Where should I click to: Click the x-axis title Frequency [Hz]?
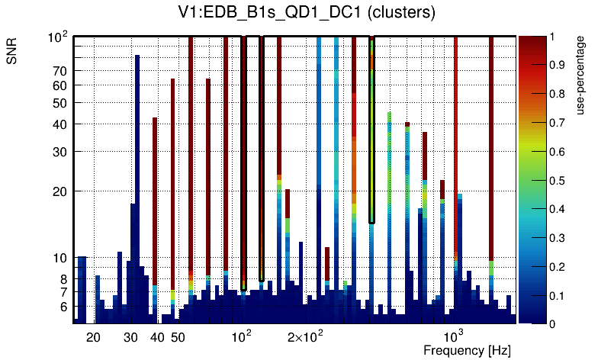pyautogui.click(x=467, y=350)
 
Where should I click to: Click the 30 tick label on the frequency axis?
pyautogui.click(x=130, y=337)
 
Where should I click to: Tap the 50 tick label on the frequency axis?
pyautogui.click(x=177, y=337)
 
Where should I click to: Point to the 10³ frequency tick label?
pyautogui.click(x=454, y=336)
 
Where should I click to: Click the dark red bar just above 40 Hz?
pyautogui.click(x=155, y=198)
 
